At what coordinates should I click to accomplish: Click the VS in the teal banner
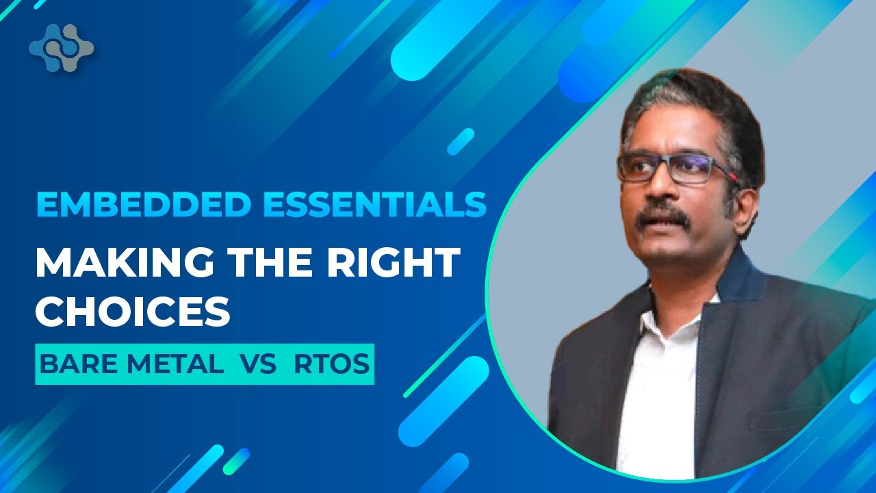click(x=257, y=364)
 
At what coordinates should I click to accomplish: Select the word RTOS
click(x=331, y=364)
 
